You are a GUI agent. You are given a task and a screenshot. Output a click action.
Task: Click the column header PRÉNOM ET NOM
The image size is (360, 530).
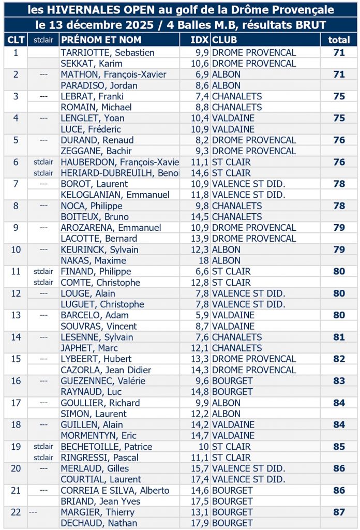[101, 40]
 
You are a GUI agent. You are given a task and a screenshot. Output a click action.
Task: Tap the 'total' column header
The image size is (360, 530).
[339, 40]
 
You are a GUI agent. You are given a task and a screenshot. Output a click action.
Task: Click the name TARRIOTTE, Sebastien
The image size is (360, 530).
[108, 52]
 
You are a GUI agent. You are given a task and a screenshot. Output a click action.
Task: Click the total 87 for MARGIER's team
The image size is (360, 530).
[339, 512]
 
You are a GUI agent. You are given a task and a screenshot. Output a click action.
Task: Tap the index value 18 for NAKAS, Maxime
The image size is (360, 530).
[203, 260]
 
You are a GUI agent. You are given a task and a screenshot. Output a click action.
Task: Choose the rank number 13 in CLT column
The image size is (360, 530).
[16, 315]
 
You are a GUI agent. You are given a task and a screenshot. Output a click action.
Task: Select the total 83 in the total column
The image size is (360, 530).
[339, 381]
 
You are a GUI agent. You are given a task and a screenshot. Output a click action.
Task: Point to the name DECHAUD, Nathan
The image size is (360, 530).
[99, 523]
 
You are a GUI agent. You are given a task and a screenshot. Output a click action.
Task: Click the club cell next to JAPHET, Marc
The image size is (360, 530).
[237, 348]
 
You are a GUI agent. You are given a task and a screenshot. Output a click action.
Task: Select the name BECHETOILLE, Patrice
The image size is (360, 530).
[107, 446]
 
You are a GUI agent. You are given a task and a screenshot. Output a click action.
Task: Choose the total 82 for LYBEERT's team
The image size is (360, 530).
[339, 359]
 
